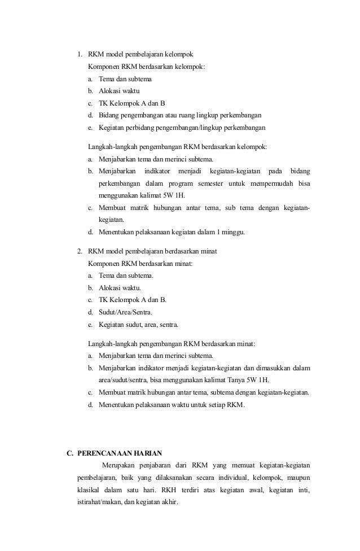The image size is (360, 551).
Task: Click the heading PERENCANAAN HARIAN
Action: tap(120, 453)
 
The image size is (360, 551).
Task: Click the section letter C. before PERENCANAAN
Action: tap(70, 453)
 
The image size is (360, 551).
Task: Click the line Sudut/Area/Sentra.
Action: tap(125, 312)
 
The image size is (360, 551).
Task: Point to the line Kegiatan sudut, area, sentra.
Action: tap(139, 325)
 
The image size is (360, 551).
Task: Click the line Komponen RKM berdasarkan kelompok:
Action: tap(147, 67)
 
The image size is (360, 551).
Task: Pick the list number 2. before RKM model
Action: tap(80, 251)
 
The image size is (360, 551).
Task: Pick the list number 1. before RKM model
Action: tap(80, 55)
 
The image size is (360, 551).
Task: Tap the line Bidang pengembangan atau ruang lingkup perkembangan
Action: tap(179, 115)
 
